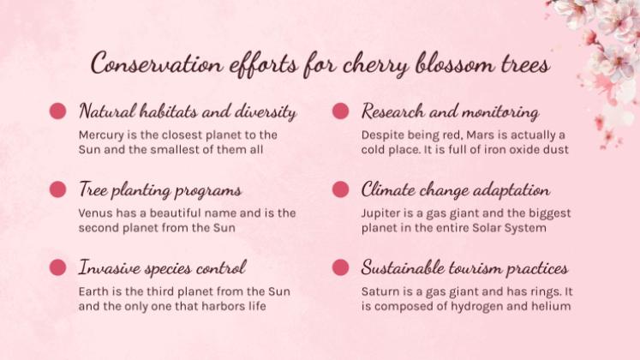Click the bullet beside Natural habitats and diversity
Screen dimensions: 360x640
[x=58, y=111]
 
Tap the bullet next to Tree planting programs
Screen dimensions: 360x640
[x=58, y=189]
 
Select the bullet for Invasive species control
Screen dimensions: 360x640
[x=58, y=267]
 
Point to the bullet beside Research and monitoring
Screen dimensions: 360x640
[x=340, y=111]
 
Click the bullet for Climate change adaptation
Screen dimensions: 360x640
[x=340, y=189]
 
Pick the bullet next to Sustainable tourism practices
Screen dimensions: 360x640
[x=340, y=267]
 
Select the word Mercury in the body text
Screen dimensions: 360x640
[x=102, y=135]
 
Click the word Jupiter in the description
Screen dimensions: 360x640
[x=382, y=213]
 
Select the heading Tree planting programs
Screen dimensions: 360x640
[x=159, y=190]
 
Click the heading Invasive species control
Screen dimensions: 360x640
[x=162, y=268]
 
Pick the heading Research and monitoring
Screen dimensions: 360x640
[x=450, y=112]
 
